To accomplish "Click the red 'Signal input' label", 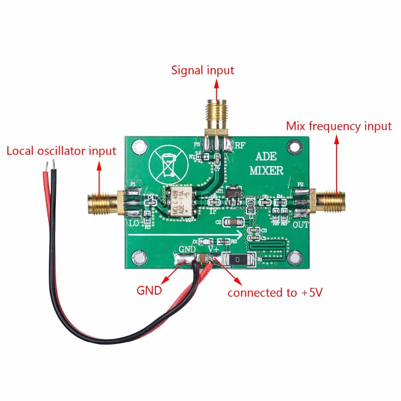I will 203,70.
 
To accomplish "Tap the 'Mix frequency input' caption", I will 338,126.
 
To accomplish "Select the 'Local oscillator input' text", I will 61,151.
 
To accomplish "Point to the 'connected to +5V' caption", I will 275,293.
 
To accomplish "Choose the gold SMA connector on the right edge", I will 331,200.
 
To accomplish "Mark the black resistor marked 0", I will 238,260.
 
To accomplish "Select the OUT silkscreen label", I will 300,225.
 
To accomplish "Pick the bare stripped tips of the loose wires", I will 50,164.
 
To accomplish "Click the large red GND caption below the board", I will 149,290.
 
